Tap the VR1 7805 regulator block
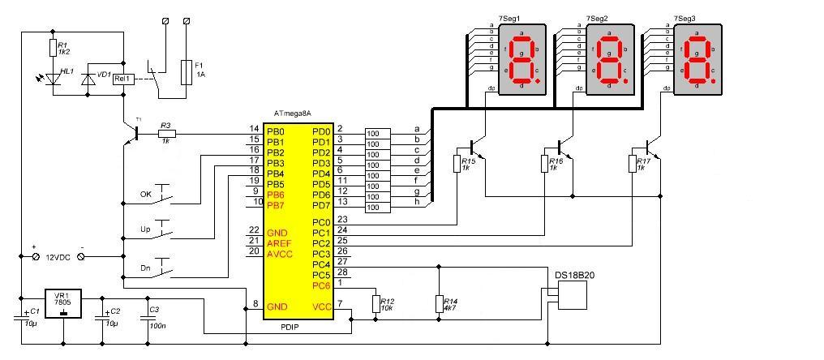62,307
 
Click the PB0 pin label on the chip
276,131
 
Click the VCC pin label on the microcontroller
321,306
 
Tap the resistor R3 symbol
165,134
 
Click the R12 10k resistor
375,303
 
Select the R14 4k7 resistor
438,303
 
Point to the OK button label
146,195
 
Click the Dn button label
146,266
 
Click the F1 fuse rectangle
187,71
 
